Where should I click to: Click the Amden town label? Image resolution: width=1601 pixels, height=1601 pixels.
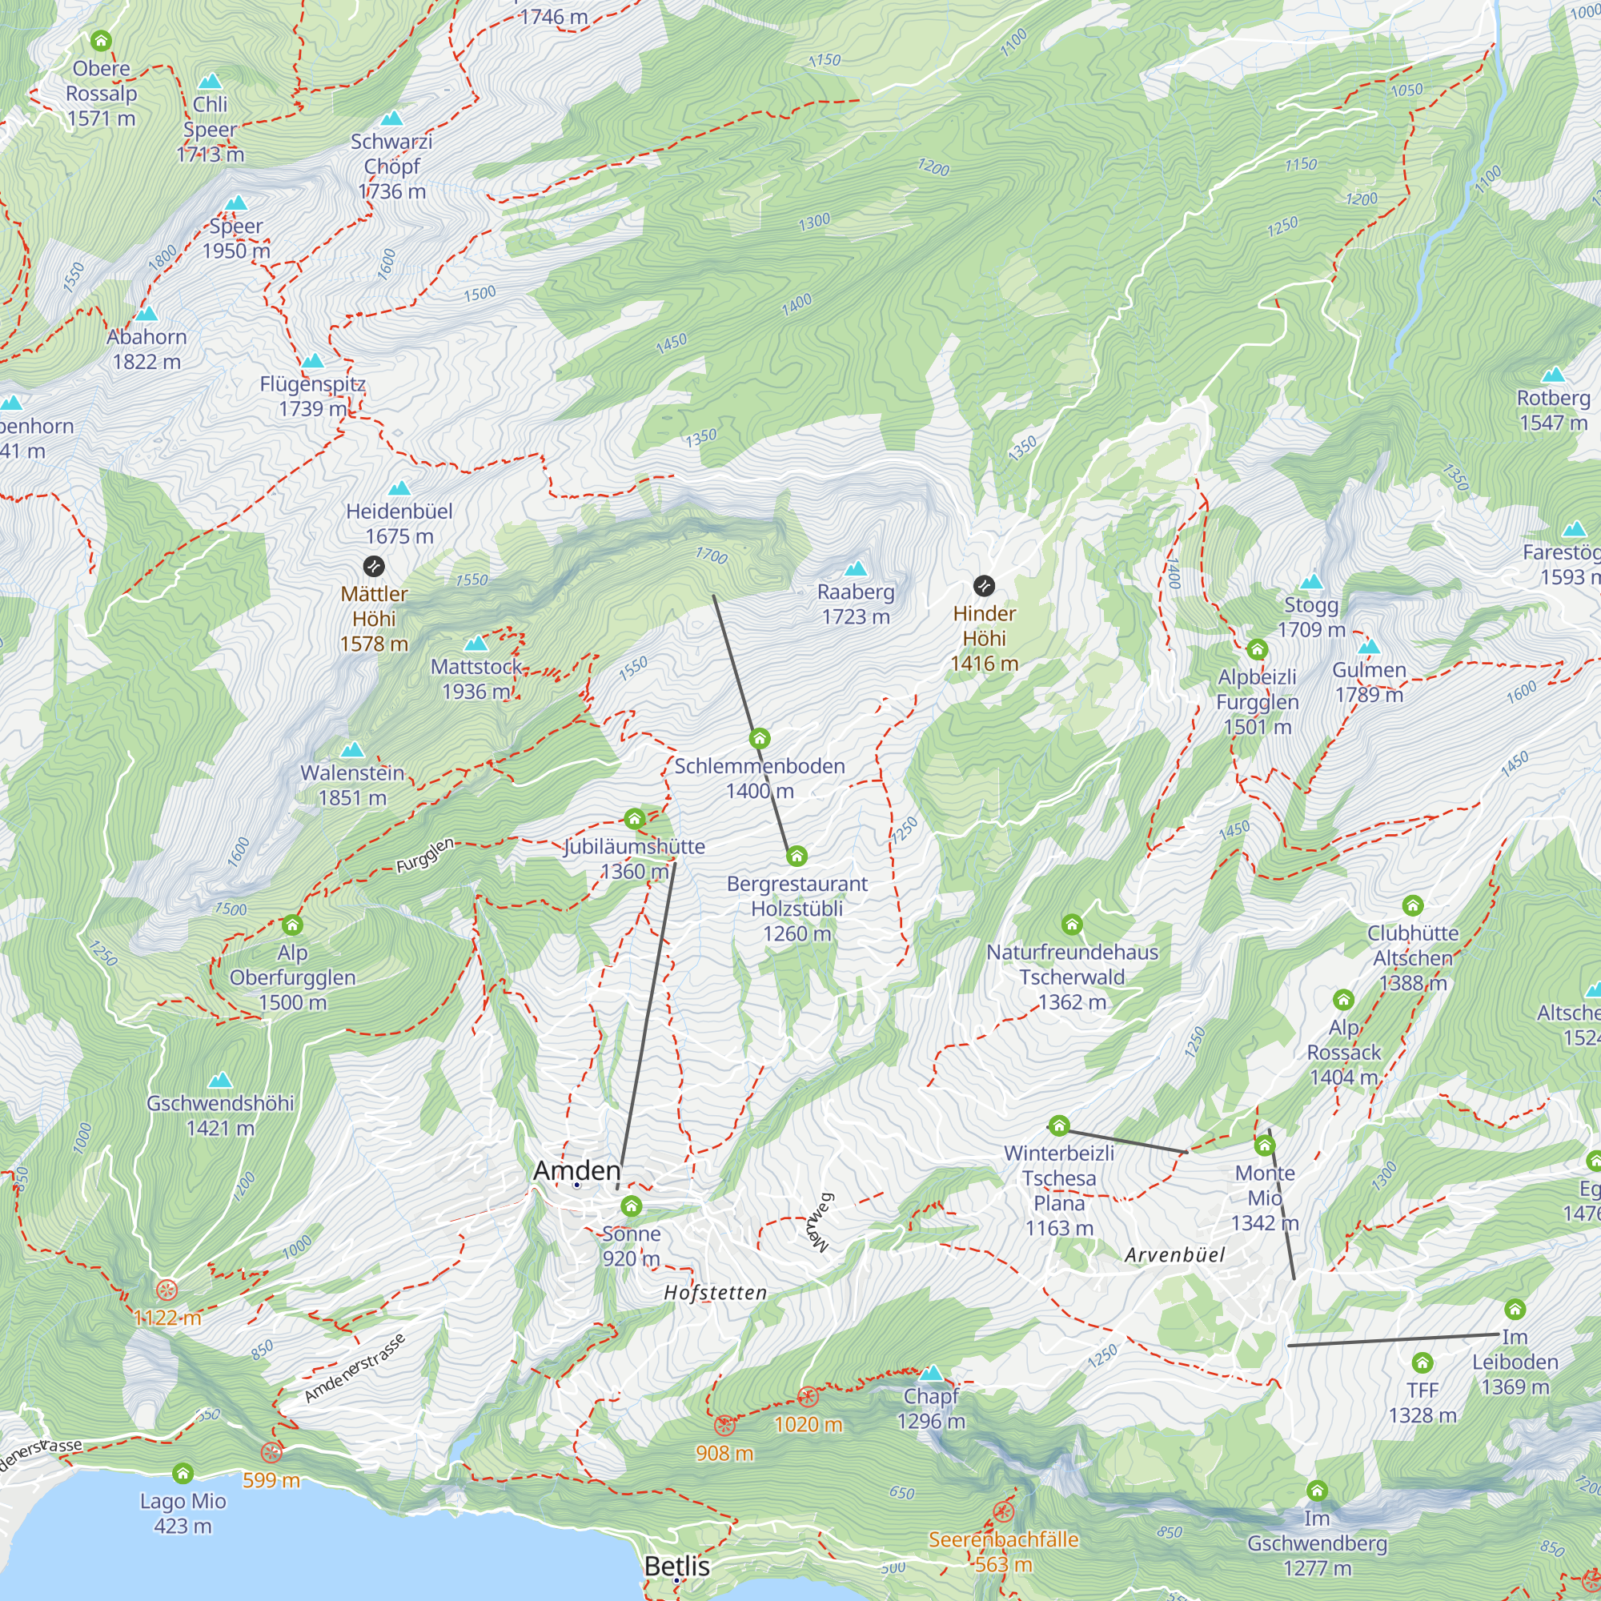576,1170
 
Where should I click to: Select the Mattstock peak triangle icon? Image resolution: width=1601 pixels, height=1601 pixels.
475,644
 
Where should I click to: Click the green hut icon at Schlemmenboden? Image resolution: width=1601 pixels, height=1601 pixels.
759,738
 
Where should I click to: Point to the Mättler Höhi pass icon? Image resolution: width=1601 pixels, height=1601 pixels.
374,566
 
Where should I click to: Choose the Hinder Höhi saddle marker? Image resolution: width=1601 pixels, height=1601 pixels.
984,586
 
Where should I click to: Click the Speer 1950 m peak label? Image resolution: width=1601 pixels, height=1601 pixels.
236,239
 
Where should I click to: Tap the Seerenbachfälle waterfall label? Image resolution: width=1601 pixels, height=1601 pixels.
1003,1551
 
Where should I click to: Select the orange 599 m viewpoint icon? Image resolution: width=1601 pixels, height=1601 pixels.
271,1452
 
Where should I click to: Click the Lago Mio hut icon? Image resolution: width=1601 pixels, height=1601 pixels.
183,1473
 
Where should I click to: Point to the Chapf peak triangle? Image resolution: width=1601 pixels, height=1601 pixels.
932,1373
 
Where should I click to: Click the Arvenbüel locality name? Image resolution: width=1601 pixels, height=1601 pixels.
1174,1254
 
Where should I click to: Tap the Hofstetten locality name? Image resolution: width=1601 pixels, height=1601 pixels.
715,1293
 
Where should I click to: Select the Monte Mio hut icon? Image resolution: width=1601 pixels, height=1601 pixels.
1264,1146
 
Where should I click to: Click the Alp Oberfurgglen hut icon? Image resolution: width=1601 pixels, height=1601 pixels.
291,925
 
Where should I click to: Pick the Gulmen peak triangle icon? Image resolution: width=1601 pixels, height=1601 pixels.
1369,646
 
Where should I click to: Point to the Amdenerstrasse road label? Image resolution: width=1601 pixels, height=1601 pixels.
354,1368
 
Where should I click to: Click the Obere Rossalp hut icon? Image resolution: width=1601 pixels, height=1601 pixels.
100,40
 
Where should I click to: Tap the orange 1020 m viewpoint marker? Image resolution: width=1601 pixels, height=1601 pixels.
807,1397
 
